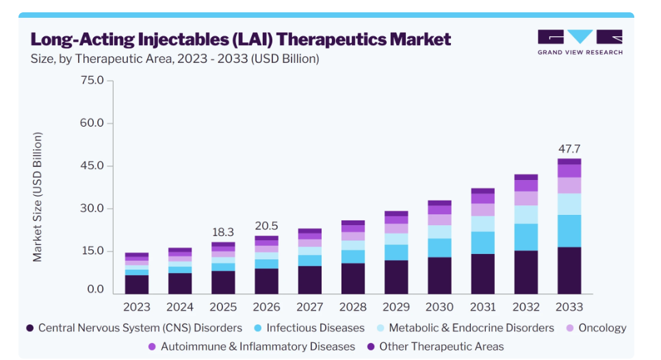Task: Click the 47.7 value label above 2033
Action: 569,149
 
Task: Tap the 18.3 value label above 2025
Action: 223,232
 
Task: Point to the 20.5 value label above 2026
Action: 266,226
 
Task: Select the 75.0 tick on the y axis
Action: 92,80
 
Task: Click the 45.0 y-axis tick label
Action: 92,166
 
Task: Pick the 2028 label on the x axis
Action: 353,307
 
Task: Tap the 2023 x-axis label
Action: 137,307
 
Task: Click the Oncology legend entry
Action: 597,328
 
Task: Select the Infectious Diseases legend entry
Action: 310,328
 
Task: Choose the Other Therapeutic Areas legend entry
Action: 435,346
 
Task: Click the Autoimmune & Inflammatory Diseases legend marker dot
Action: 152,346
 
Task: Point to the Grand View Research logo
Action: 580,42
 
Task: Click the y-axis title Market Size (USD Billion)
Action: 38,197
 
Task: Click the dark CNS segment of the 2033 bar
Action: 569,270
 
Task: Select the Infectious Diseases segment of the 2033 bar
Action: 569,231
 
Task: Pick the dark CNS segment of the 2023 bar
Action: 137,285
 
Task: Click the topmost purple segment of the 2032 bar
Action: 526,177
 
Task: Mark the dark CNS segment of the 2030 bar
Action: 439,276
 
